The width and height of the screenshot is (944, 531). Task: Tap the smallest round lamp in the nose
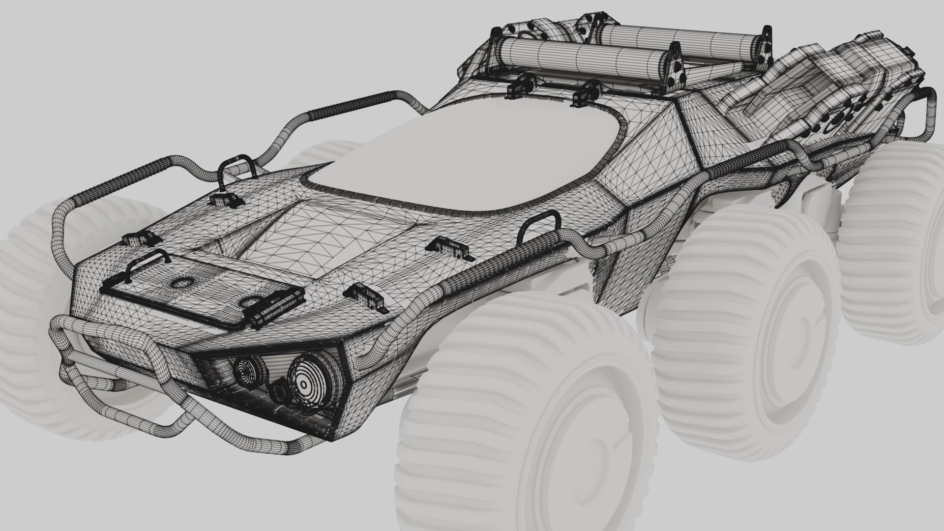click(x=279, y=391)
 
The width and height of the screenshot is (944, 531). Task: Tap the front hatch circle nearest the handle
click(x=182, y=283)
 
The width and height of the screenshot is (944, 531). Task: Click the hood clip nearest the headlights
click(x=364, y=295)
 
